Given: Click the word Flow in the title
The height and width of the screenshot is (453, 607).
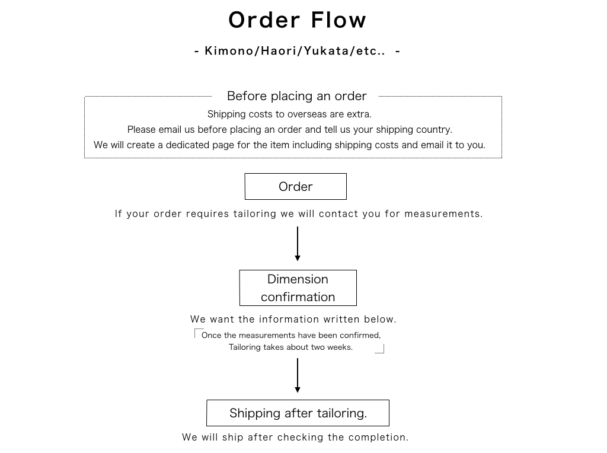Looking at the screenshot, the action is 338,20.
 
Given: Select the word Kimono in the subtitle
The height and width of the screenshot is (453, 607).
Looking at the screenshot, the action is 229,51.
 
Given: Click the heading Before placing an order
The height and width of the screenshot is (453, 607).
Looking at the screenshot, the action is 297,96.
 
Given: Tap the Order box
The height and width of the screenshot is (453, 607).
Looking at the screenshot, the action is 296,187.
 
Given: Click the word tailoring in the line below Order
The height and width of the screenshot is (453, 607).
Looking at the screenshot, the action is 255,213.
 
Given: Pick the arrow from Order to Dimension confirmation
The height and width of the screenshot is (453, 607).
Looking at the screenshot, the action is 298,244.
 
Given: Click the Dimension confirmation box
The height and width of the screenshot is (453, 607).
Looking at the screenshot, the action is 298,288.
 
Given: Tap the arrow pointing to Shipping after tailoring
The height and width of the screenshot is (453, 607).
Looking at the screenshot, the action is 298,375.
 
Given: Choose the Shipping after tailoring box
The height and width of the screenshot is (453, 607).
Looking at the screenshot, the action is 298,413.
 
